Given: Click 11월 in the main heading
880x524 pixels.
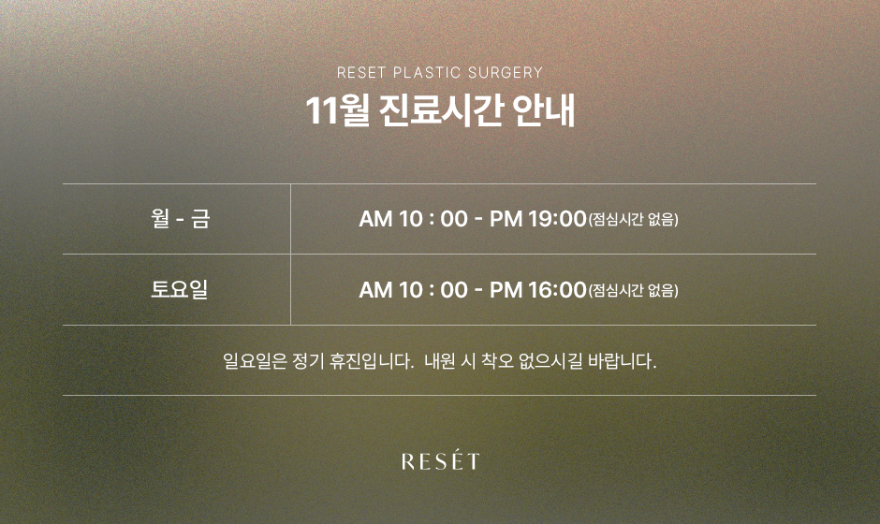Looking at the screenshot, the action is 337,111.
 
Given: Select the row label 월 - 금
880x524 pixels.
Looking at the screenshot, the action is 180,219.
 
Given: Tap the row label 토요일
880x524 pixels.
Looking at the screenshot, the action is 180,289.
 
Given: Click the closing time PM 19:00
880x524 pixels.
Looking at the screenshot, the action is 537,219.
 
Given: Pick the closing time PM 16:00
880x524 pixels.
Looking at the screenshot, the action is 537,290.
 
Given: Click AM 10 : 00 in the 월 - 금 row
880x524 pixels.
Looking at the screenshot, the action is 413,219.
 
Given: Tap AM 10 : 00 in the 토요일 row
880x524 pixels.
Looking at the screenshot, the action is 413,290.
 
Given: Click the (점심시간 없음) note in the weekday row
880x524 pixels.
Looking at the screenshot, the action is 633,219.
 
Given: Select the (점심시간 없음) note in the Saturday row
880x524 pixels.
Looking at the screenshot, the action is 633,291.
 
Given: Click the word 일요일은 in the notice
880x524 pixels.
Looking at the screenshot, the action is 255,361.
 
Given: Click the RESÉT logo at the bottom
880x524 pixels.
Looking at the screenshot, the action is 441,460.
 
